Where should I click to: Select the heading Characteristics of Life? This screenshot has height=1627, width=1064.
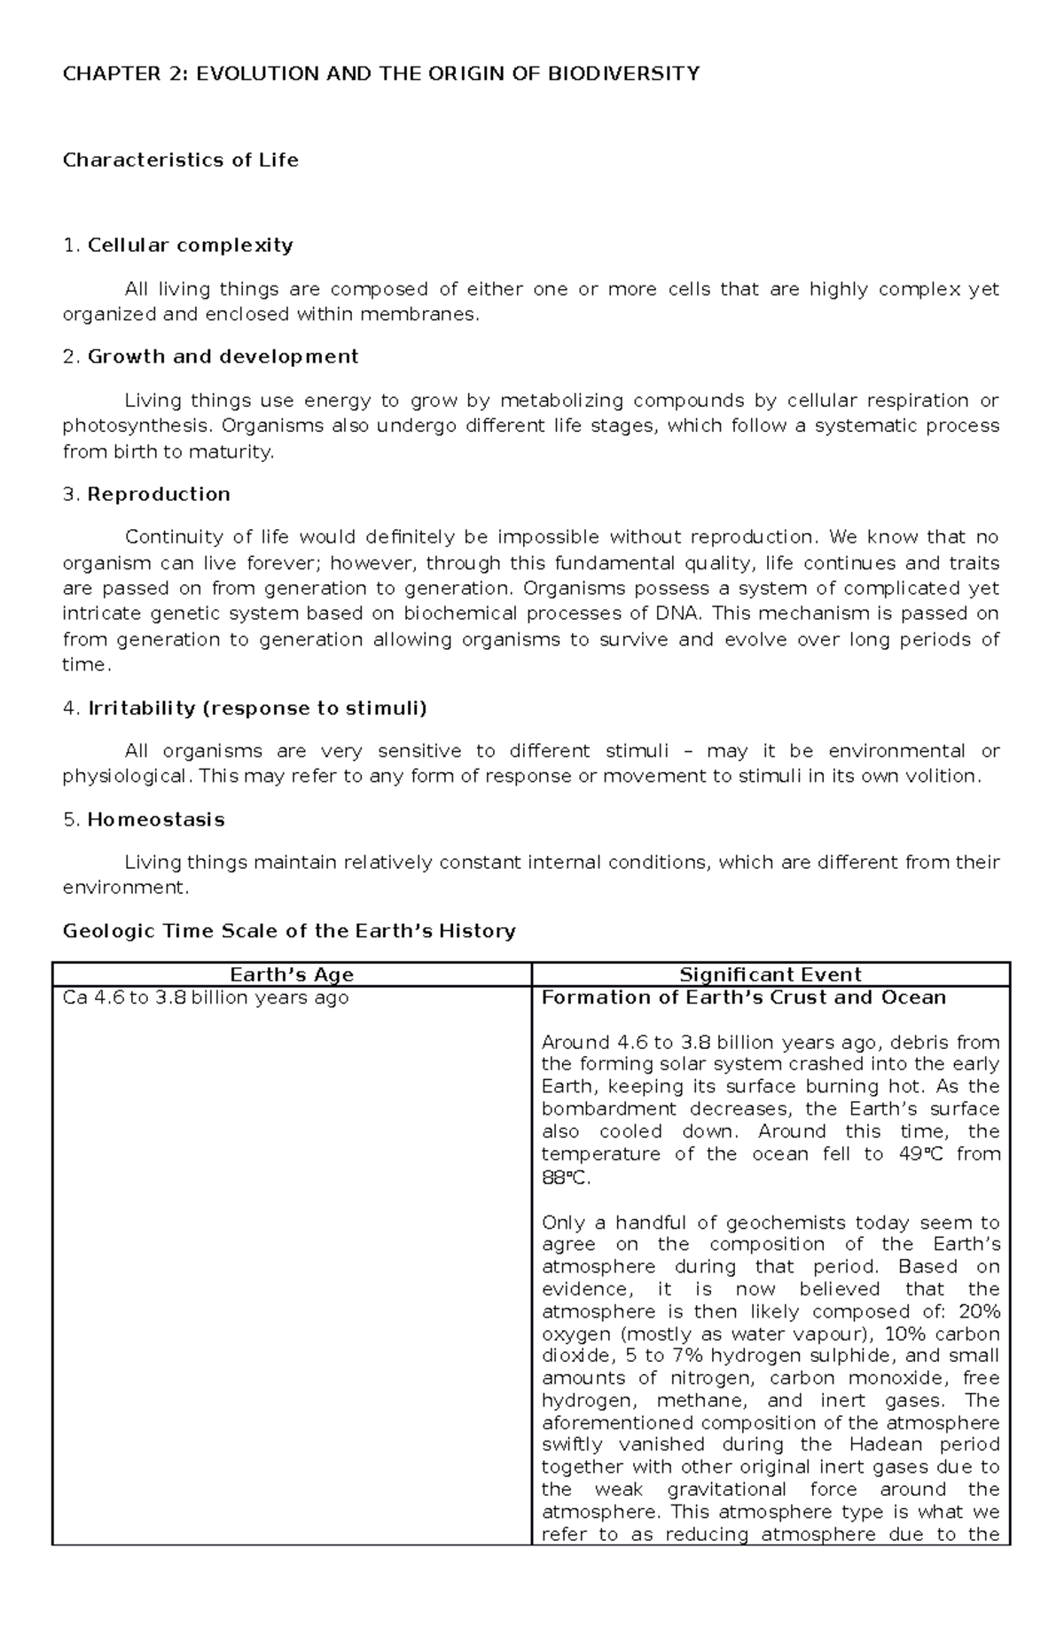click(x=180, y=160)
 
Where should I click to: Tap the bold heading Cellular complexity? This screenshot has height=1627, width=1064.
click(x=190, y=246)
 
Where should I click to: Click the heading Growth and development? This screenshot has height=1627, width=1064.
click(x=223, y=356)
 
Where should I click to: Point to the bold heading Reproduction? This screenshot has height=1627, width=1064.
click(x=159, y=494)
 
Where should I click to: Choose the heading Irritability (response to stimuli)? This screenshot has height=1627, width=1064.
click(x=257, y=708)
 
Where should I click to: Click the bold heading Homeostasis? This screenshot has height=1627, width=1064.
click(x=156, y=819)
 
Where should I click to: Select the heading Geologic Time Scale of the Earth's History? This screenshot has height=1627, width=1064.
click(x=289, y=931)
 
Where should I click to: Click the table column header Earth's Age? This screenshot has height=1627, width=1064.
click(x=292, y=974)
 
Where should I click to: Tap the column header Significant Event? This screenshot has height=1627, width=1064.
click(x=771, y=974)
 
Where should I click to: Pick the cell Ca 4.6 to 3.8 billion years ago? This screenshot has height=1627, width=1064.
click(x=206, y=997)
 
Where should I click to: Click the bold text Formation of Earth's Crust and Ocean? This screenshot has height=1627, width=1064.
click(x=743, y=997)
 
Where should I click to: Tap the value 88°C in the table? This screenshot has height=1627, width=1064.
click(x=564, y=1178)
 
